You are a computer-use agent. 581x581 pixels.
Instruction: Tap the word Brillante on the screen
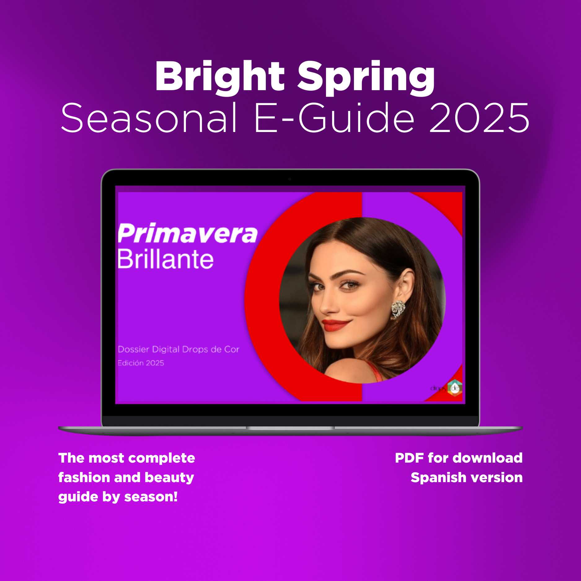[x=165, y=259]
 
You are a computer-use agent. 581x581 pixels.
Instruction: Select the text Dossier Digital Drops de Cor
[x=178, y=350]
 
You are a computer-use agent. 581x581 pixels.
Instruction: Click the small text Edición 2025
[x=141, y=363]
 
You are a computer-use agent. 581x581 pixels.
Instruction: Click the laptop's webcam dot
[x=290, y=179]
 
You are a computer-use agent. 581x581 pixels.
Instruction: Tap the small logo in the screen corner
[x=447, y=387]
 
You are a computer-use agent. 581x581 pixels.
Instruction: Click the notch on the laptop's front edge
[x=290, y=428]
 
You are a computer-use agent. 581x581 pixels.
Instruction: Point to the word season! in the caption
[x=151, y=497]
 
